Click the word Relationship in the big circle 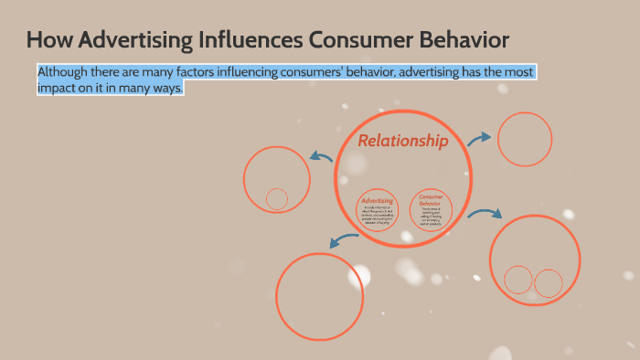point(402,141)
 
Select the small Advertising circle point(378,209)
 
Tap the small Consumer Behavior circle point(431,209)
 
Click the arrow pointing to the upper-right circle point(479,138)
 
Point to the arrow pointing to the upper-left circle point(320,156)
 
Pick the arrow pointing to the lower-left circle point(344,240)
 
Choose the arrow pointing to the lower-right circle point(485,212)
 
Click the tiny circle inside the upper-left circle point(276,198)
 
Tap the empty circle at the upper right point(525,139)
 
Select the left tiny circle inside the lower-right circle point(518,280)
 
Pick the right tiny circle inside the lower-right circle point(548,283)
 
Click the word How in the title point(46,40)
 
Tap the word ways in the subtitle point(167,89)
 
